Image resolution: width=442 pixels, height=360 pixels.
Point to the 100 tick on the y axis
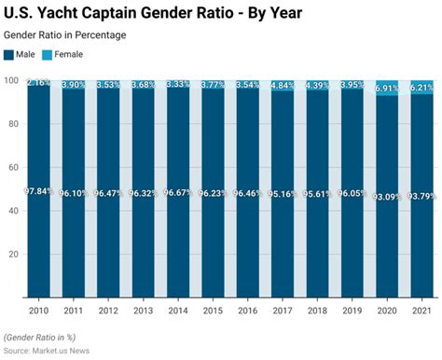tap(12, 81)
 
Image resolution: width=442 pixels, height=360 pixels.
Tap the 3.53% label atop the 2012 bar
tap(108, 85)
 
